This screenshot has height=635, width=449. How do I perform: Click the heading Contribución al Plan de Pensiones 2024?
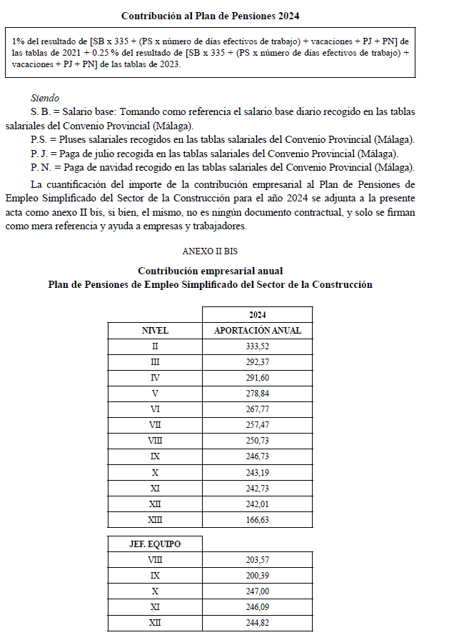pos(210,16)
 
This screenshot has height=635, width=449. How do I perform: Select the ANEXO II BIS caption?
pos(210,251)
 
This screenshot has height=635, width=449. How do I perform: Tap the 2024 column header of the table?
pos(257,314)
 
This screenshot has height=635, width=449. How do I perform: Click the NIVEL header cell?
pos(155,331)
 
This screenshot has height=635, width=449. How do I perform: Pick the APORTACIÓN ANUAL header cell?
pos(257,331)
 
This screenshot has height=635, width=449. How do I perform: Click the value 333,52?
pos(257,346)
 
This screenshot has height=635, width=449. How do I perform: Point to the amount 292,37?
pos(257,361)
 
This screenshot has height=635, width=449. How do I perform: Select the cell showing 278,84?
pos(257,393)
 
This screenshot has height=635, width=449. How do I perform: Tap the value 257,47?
pos(257,424)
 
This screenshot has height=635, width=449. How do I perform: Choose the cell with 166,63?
pos(257,520)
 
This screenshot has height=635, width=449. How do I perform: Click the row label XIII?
pos(155,520)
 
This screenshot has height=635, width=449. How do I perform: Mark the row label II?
pos(155,346)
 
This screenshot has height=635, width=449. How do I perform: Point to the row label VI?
pos(155,409)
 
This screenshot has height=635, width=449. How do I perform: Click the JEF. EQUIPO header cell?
pos(155,544)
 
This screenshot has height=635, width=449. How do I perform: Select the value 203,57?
pos(257,560)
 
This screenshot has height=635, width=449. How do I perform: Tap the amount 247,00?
pos(257,591)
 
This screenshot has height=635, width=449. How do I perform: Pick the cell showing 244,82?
pos(257,623)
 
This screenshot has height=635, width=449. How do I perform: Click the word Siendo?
pos(45,98)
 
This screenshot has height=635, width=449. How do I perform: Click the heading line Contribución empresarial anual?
pos(210,271)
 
